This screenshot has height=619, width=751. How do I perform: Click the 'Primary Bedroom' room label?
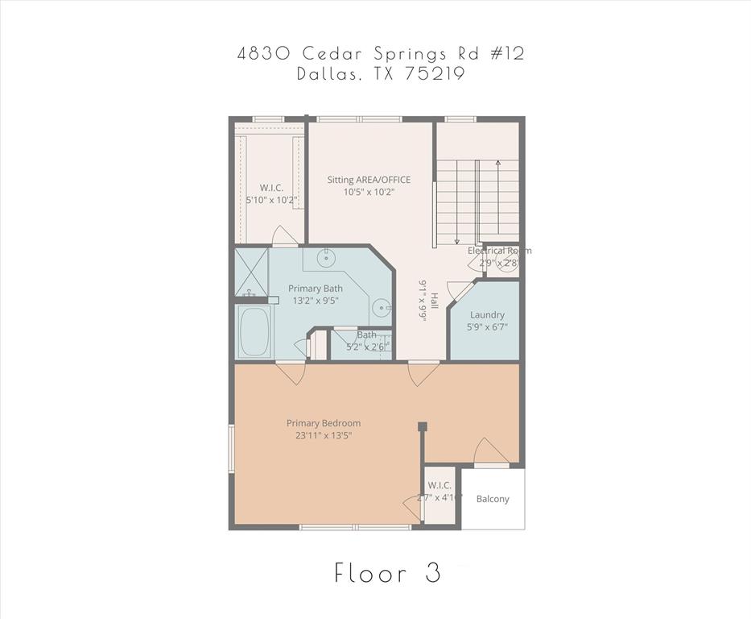[x=324, y=423]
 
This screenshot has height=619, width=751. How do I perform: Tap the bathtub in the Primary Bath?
[x=256, y=331]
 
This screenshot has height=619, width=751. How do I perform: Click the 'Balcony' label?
[x=493, y=499]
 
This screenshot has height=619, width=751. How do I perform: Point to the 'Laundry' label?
[x=487, y=314]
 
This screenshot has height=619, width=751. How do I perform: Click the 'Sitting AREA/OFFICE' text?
[x=369, y=180]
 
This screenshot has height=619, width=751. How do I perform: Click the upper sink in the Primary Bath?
[x=326, y=259]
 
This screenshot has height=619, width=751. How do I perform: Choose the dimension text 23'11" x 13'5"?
[x=324, y=436]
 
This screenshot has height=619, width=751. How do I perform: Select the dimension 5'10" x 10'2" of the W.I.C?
[x=272, y=199]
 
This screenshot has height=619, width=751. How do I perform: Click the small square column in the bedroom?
[x=421, y=426]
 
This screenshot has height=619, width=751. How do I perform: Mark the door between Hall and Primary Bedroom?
[x=422, y=372]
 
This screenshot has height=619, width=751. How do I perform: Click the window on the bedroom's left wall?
[x=231, y=448]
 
